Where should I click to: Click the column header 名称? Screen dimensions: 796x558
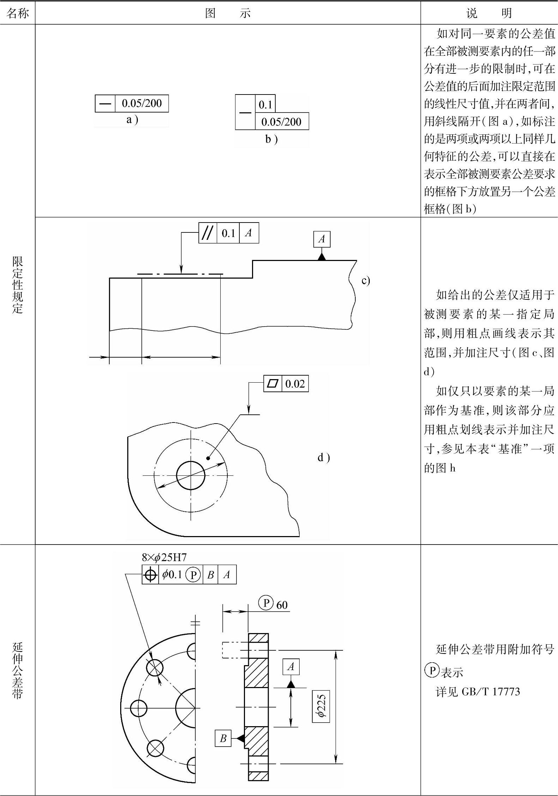(17, 13)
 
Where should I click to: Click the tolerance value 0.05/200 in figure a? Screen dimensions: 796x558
(141, 103)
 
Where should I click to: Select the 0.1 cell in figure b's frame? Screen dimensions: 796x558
(265, 104)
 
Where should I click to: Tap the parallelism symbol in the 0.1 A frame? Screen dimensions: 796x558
(208, 233)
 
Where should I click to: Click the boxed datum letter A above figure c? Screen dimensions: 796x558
(321, 239)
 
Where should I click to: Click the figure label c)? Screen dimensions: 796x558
(366, 280)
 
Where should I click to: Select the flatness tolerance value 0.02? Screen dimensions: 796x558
(295, 383)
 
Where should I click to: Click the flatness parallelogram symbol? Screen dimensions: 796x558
(273, 383)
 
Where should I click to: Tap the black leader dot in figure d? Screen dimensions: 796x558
(208, 458)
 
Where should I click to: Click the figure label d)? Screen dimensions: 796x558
(324, 458)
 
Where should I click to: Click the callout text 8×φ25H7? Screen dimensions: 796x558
(164, 557)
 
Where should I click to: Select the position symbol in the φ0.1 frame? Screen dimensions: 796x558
(151, 575)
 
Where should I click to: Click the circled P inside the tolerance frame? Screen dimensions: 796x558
(193, 575)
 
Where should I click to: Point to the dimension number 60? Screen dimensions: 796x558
(282, 605)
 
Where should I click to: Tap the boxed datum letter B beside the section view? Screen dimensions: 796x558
(223, 738)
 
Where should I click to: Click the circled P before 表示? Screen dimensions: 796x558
(432, 670)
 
